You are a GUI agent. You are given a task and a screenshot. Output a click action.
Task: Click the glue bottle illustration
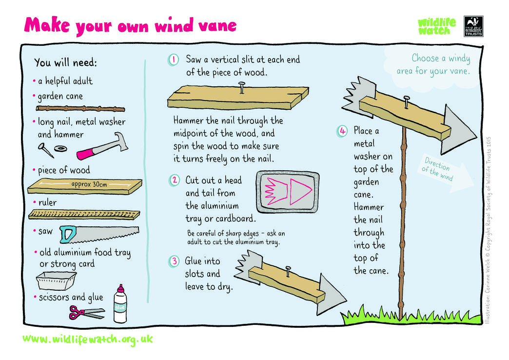pos(120,306)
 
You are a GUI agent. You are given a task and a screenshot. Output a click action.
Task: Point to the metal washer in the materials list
pos(60,148)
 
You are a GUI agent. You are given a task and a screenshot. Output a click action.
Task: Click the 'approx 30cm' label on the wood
pos(89,184)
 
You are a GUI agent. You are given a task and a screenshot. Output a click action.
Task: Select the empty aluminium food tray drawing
pos(57,282)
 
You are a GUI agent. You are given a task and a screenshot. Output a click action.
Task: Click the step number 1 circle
pos(174,60)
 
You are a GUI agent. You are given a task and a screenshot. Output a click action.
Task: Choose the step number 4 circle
pos(343,131)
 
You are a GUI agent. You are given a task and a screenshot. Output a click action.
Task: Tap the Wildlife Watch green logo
pos(436,26)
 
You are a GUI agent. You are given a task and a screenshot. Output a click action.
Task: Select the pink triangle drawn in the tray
pos(298,191)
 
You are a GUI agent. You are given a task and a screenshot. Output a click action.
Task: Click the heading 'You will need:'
pos(65,63)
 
